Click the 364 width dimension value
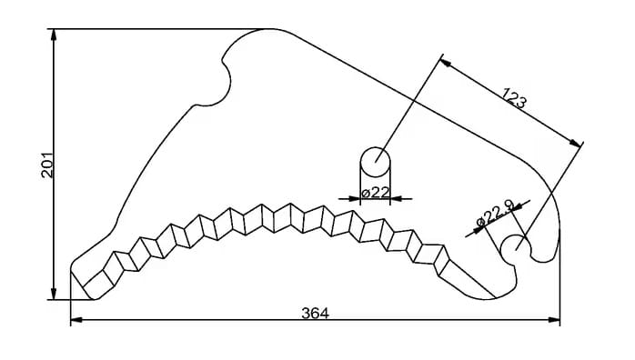[x=315, y=313]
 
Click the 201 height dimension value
[x=48, y=165]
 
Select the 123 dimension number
[x=515, y=98]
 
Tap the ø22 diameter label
[x=376, y=193]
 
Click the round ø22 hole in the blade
[x=376, y=162]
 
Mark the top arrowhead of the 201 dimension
[x=54, y=35]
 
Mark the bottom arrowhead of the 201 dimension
[x=54, y=294]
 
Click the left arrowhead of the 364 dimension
[x=77, y=320]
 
